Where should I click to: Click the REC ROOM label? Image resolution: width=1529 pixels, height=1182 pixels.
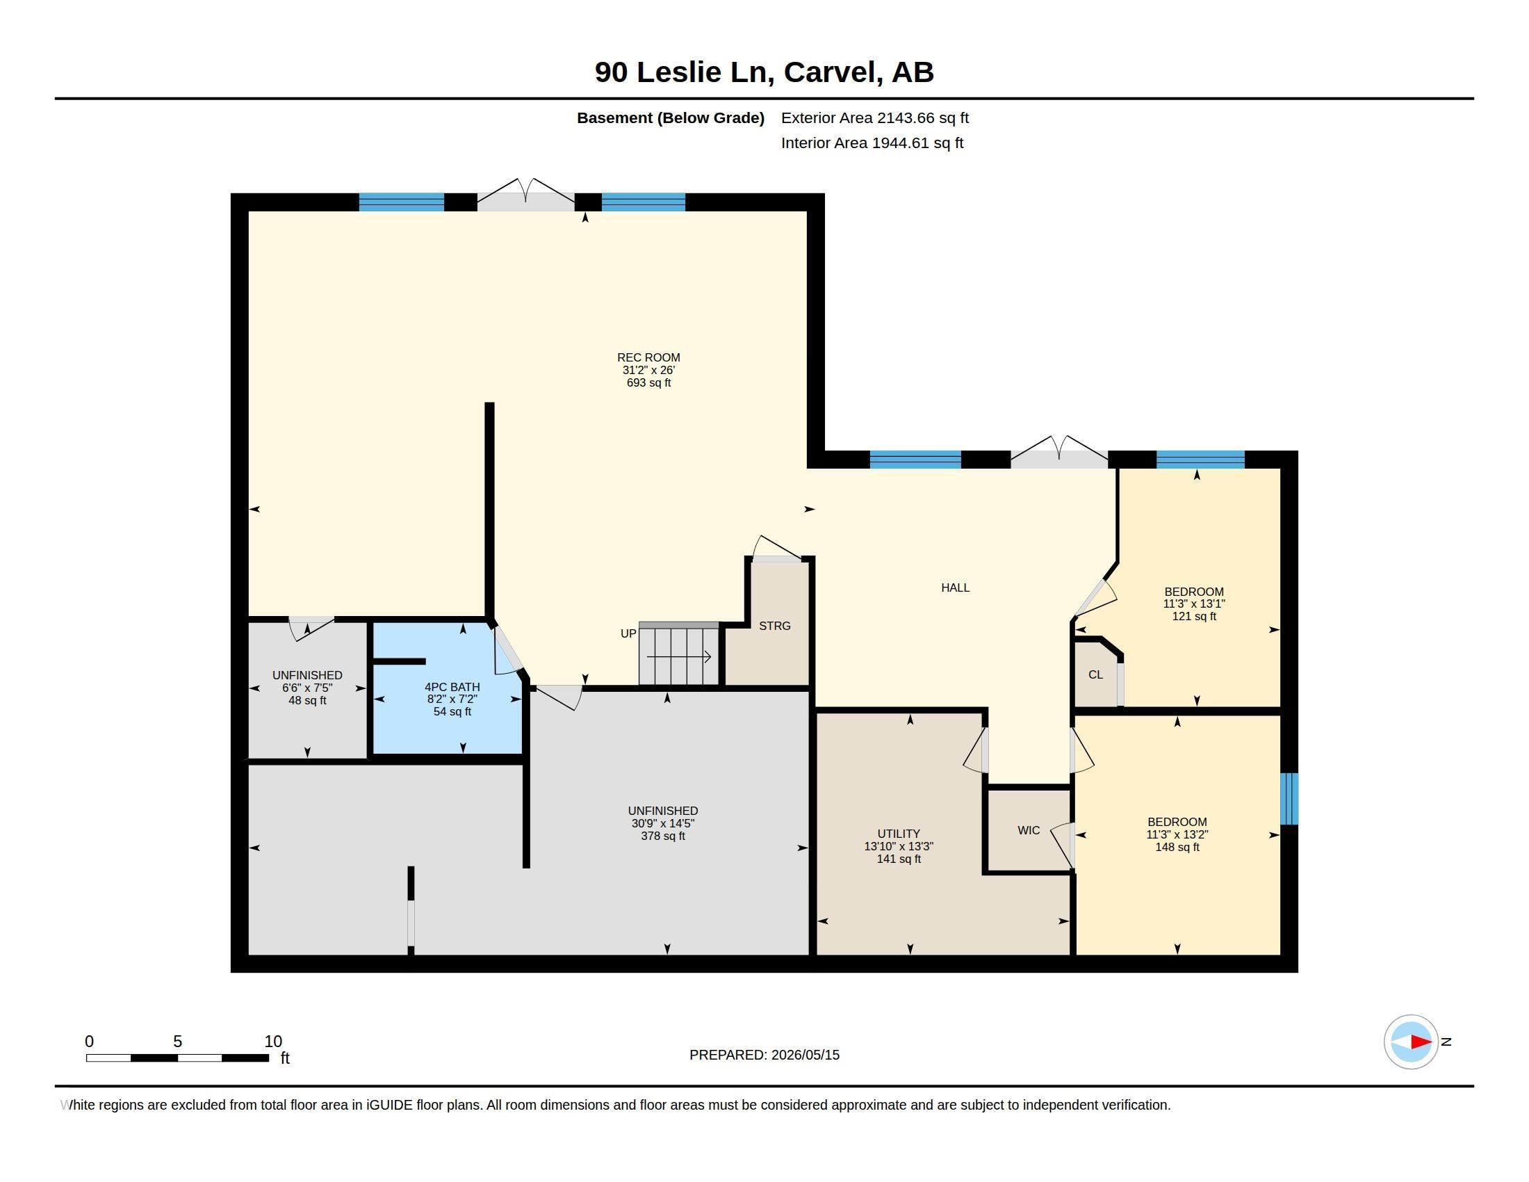coord(648,357)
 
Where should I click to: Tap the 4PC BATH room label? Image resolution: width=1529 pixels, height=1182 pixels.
coord(452,687)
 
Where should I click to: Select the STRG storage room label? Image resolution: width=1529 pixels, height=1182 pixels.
coord(775,626)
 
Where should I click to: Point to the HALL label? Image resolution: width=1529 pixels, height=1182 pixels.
coord(955,588)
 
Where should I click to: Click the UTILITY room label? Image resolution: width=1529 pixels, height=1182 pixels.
coord(899,834)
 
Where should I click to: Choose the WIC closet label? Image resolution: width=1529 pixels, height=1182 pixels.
coord(1029,830)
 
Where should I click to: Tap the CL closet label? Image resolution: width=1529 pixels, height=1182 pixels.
coord(1095,674)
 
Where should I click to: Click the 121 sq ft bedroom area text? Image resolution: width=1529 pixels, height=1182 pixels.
coord(1194,616)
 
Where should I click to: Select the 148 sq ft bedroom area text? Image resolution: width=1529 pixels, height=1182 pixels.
coord(1177,848)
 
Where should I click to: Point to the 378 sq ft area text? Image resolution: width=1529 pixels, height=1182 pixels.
coord(663,836)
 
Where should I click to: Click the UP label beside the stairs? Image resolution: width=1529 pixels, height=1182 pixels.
coord(628,633)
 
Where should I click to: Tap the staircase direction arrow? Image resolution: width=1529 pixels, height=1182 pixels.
coord(678,657)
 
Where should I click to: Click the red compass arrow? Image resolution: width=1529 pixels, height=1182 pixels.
coord(1421,1042)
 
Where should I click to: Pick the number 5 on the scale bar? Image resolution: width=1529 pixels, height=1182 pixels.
coord(178,1042)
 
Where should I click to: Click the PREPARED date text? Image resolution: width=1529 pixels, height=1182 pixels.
coord(764,1055)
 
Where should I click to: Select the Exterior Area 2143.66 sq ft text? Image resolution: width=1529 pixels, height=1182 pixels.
coord(875,118)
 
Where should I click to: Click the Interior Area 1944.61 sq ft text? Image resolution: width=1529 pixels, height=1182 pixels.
coord(872,143)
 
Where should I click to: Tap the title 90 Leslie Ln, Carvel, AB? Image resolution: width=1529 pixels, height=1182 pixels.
coord(764,72)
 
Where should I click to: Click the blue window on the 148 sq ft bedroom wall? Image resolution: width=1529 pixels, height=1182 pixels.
coord(1289,799)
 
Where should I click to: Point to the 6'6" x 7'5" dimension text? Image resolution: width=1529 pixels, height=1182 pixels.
coord(307,688)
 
